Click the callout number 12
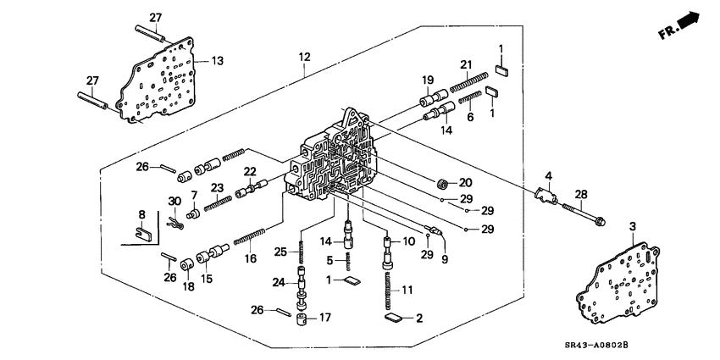304,57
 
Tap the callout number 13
218,61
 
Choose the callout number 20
466,182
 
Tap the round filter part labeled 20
441,183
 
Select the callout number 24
279,282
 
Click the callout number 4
549,176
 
